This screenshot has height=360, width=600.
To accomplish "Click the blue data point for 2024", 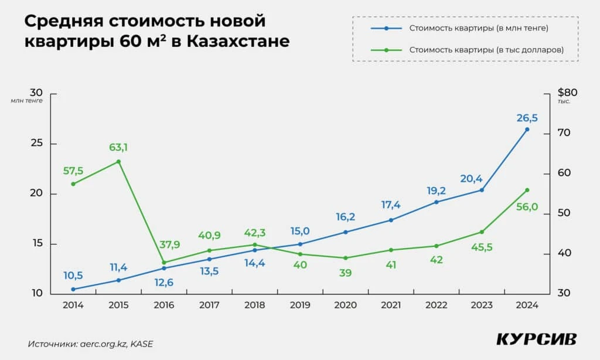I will coord(527,129).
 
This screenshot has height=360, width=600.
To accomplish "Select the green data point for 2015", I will coord(118,161).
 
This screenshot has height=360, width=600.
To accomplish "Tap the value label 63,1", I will coord(118,147).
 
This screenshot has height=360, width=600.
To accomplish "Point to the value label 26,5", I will coord(527,118).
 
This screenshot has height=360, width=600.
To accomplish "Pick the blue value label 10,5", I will coord(74,276).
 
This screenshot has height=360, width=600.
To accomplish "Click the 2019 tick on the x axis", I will coord(299,305).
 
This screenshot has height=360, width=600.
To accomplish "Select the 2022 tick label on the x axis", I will coord(435,305).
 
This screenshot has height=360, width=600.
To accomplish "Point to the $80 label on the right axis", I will coord(568,92).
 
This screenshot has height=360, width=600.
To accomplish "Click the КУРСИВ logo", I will coord(536,339).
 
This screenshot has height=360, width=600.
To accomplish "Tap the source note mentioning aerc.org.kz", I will coord(90,344).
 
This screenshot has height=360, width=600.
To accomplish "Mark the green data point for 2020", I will coord(345,258).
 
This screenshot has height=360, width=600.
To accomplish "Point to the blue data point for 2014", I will coord(73,289).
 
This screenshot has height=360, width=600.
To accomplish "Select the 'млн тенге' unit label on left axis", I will coord(27,101).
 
